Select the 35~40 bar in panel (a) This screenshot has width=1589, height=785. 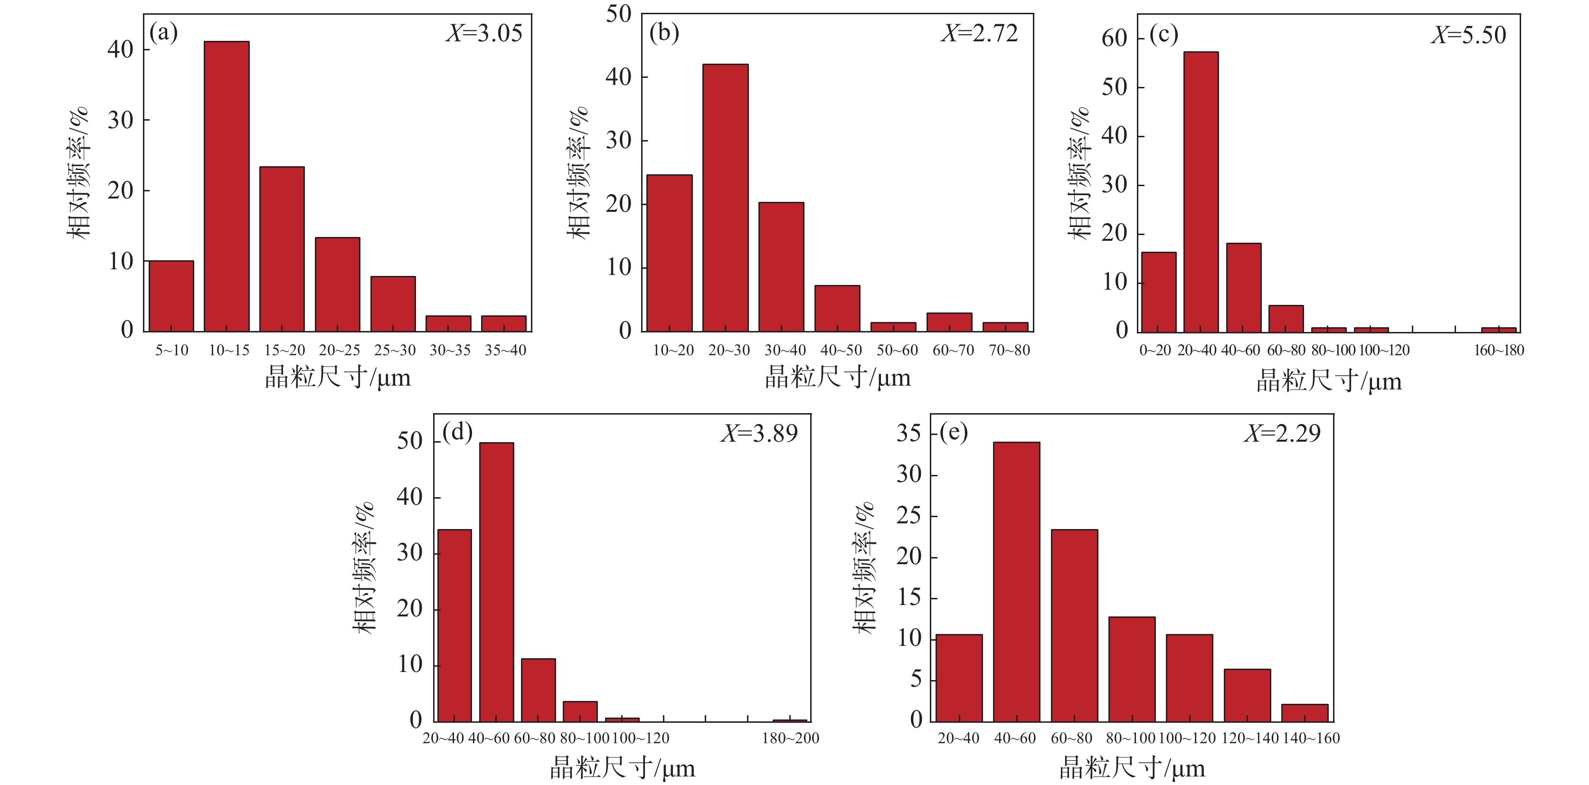(x=503, y=324)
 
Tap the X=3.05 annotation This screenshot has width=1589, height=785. (x=484, y=33)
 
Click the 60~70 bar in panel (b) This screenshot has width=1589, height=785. (x=949, y=322)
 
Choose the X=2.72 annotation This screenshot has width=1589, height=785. (x=980, y=33)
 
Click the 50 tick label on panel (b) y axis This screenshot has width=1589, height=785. (x=619, y=14)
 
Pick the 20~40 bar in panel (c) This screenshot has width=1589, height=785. (x=1201, y=192)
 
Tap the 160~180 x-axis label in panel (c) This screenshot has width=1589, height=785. (x=1498, y=350)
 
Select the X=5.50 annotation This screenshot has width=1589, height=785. (x=1469, y=35)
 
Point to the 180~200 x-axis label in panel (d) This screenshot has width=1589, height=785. (x=790, y=738)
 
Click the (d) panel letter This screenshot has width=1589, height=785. (x=457, y=432)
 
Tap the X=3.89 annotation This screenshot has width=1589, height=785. (x=759, y=434)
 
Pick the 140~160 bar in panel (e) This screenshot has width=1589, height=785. (x=1304, y=713)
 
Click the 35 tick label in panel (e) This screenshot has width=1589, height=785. (x=909, y=433)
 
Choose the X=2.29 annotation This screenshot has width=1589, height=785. (x=1282, y=434)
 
